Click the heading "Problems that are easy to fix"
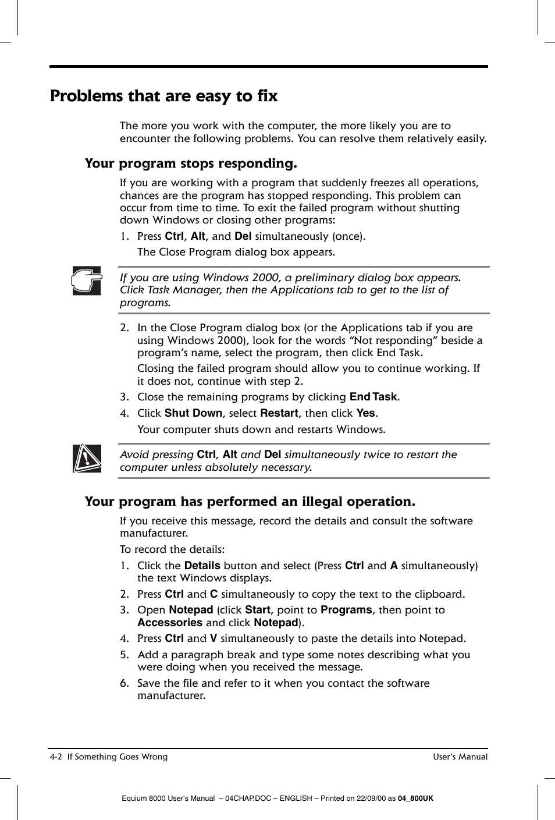click(x=163, y=96)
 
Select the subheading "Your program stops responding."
click(x=190, y=164)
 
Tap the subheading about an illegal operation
click(x=250, y=502)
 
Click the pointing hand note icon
click(x=87, y=281)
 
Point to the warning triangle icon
click(x=87, y=459)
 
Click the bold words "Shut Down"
click(x=193, y=413)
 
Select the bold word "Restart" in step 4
click(x=279, y=413)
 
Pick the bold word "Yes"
click(x=365, y=413)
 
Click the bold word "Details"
click(x=202, y=566)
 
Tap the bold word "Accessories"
click(x=170, y=623)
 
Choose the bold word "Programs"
click(x=346, y=610)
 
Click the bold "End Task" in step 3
click(x=373, y=397)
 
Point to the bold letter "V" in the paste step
click(x=214, y=638)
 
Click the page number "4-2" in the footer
click(x=56, y=757)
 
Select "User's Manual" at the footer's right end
click(x=460, y=757)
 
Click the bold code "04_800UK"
click(x=415, y=798)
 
